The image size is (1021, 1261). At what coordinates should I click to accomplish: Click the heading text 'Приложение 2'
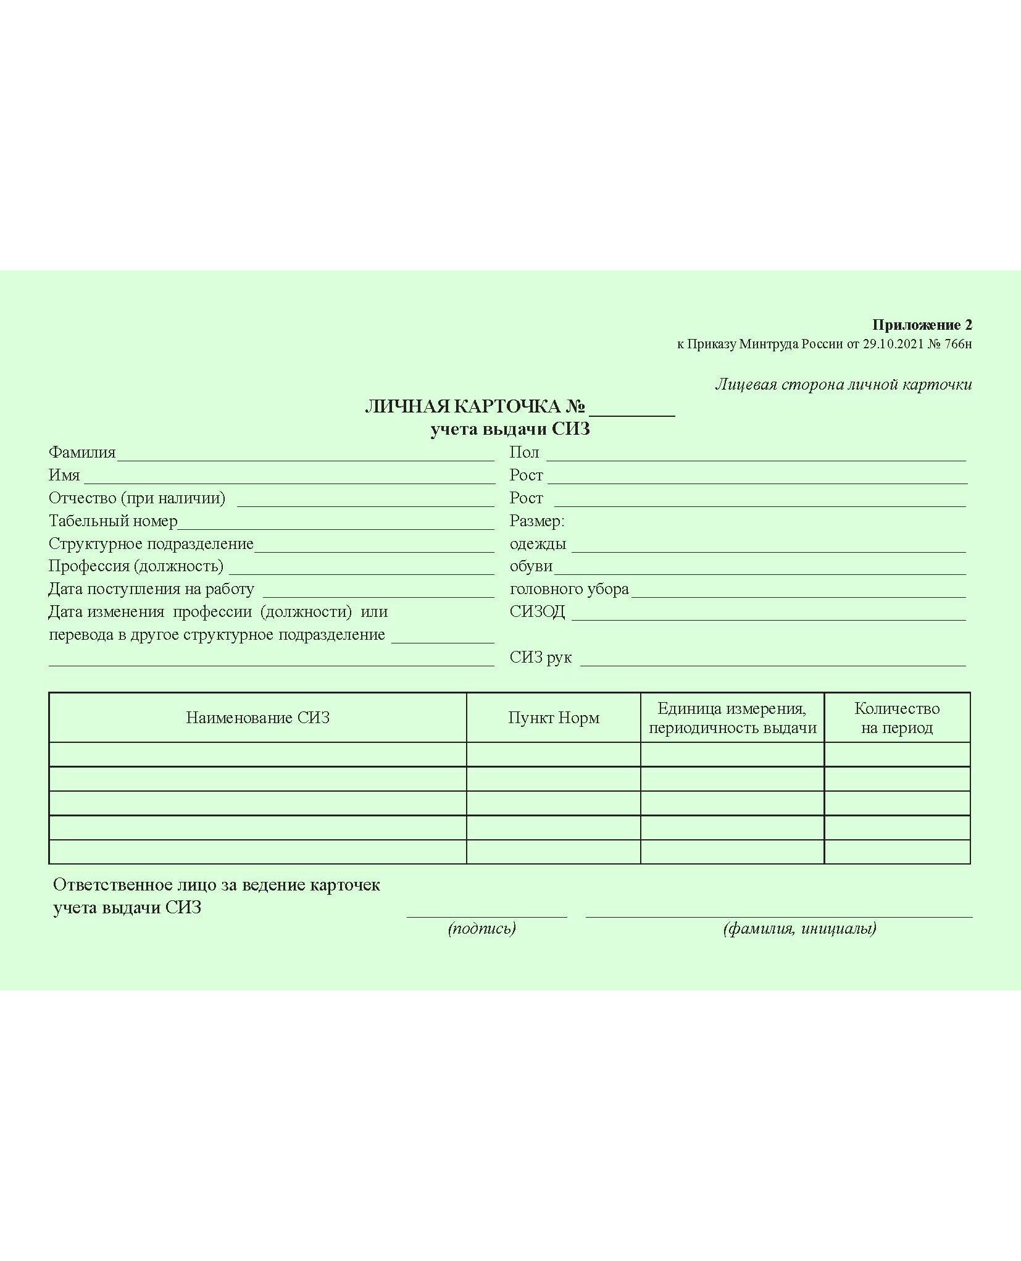(x=922, y=325)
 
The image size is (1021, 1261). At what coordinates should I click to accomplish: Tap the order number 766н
(x=958, y=344)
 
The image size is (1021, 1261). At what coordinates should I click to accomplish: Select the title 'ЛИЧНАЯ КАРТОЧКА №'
(x=475, y=406)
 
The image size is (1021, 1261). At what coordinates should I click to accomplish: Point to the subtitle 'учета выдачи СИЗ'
(x=510, y=429)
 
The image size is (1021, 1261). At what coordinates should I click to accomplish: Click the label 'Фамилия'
(x=82, y=453)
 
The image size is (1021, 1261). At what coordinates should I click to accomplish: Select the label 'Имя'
(x=64, y=475)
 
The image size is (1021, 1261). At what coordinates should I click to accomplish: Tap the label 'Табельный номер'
(x=113, y=521)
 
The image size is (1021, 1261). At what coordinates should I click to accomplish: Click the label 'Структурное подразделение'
(x=151, y=544)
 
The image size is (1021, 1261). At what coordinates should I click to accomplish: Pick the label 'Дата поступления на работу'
(x=151, y=589)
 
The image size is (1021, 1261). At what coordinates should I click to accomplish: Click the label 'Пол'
(x=524, y=453)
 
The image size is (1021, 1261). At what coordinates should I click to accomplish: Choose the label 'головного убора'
(x=569, y=589)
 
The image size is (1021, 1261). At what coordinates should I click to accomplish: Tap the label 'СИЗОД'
(x=537, y=612)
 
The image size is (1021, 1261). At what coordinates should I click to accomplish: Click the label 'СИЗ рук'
(x=541, y=658)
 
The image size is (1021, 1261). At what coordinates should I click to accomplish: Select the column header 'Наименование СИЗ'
(x=258, y=718)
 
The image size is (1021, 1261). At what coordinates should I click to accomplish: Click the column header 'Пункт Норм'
(x=554, y=718)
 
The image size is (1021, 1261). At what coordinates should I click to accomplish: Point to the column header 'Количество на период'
(x=897, y=718)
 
